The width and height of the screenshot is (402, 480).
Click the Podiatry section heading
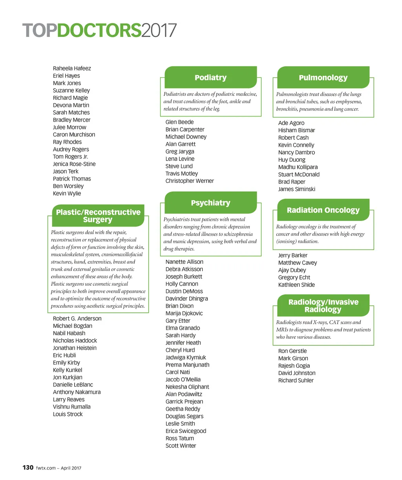210,78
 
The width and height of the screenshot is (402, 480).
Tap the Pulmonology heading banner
323,78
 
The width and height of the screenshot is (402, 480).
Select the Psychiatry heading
210,203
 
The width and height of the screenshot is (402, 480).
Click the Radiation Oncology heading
323,210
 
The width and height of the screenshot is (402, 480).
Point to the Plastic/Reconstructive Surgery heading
98,216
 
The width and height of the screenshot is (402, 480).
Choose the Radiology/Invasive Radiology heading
323,306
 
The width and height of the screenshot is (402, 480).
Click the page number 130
28,467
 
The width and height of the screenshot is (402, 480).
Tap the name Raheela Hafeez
72,68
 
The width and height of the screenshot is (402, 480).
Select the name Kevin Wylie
67,193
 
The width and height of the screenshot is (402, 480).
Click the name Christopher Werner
190,181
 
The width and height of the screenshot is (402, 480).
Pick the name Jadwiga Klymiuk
186,358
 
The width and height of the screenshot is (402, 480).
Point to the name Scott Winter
181,446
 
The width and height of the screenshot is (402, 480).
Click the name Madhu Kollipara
298,167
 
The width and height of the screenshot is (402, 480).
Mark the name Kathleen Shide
296,285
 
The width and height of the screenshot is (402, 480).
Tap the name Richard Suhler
296,380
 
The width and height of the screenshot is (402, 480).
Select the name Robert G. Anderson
77,319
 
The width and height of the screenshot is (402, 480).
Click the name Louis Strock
68,414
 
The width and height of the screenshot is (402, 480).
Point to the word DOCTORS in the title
99,31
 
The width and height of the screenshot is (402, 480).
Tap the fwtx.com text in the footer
46,468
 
